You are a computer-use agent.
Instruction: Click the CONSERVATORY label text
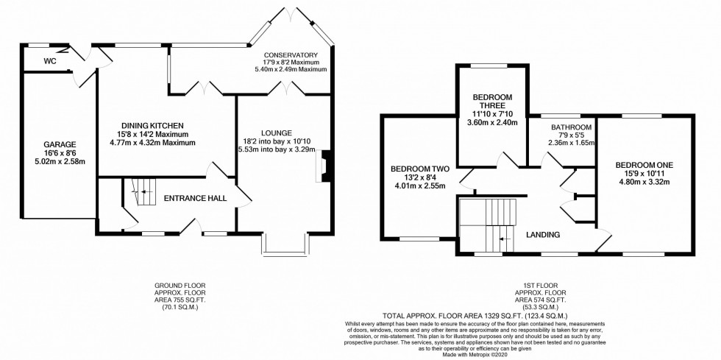[292, 55]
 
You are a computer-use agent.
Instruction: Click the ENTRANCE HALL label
[194, 198]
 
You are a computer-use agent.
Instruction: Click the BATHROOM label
[572, 127]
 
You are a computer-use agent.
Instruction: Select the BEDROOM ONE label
[644, 164]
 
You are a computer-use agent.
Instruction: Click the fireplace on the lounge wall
[322, 165]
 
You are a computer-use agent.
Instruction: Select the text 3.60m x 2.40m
[492, 122]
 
